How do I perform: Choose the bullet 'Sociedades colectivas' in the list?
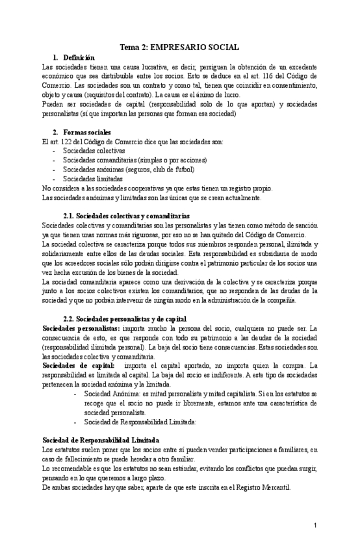point(94,150)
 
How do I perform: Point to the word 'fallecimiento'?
point(86,459)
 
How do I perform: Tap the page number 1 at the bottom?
point(314,525)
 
